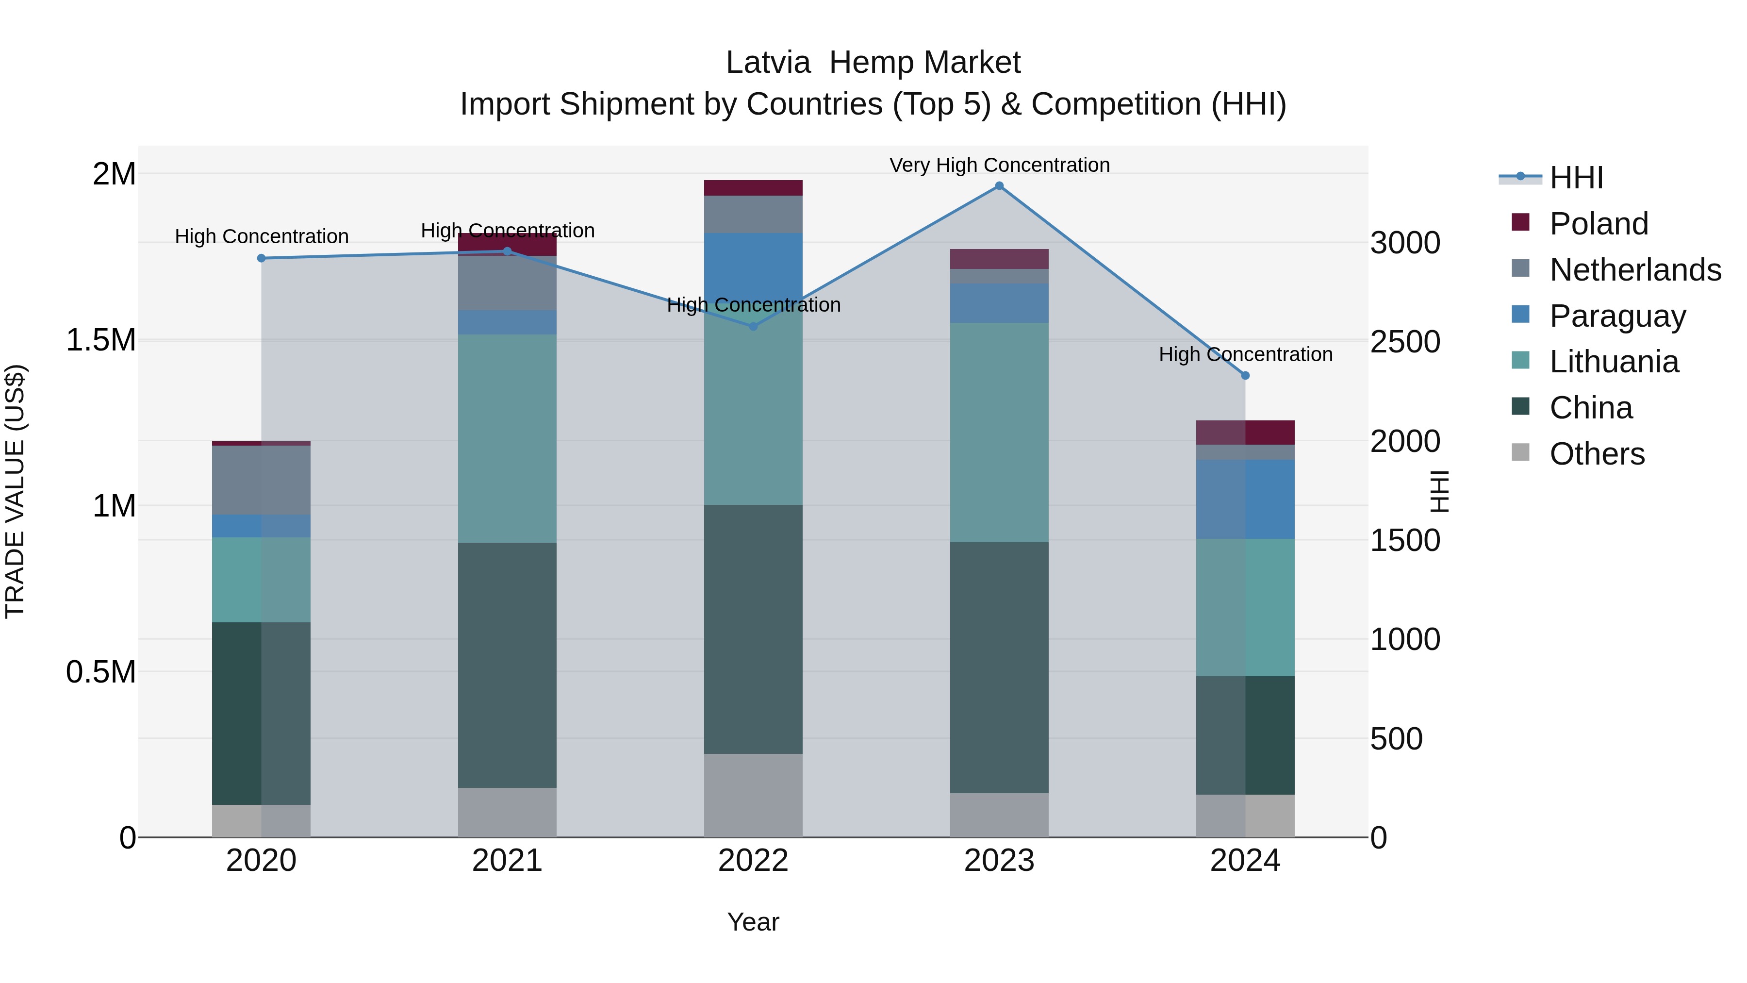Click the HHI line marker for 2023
pyautogui.click(x=999, y=186)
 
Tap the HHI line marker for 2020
pyautogui.click(x=262, y=258)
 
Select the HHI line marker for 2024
pyautogui.click(x=1245, y=376)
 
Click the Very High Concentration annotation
pyautogui.click(x=999, y=165)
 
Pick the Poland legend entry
pyautogui.click(x=1598, y=224)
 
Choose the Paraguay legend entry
pyautogui.click(x=1617, y=316)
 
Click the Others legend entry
pyautogui.click(x=1597, y=454)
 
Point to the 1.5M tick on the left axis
pyautogui.click(x=101, y=340)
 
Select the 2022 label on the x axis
pyautogui.click(x=753, y=861)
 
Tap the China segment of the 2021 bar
pyautogui.click(x=507, y=665)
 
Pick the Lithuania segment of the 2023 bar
pyautogui.click(x=999, y=432)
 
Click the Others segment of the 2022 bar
pyautogui.click(x=753, y=795)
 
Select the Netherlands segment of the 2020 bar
pyautogui.click(x=262, y=480)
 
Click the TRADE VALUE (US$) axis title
pyautogui.click(x=15, y=492)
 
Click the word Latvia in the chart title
pyautogui.click(x=768, y=63)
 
